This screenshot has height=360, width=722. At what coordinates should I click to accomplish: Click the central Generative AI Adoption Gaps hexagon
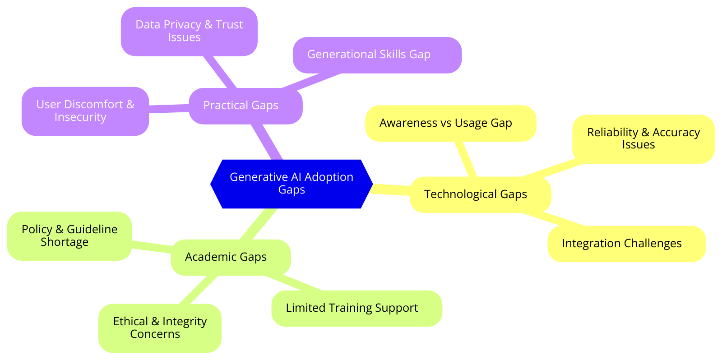(292, 184)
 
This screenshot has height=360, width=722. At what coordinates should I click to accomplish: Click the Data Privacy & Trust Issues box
(189, 31)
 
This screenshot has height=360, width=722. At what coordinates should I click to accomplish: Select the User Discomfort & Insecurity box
(85, 111)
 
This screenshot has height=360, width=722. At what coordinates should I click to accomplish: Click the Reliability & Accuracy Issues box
(643, 138)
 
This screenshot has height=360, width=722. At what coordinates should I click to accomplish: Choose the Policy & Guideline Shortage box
(69, 235)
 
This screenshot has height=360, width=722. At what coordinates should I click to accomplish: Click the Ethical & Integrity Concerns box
(160, 328)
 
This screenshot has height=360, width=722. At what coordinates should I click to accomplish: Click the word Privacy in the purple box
(185, 25)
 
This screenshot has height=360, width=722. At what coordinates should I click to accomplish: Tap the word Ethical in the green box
(130, 322)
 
